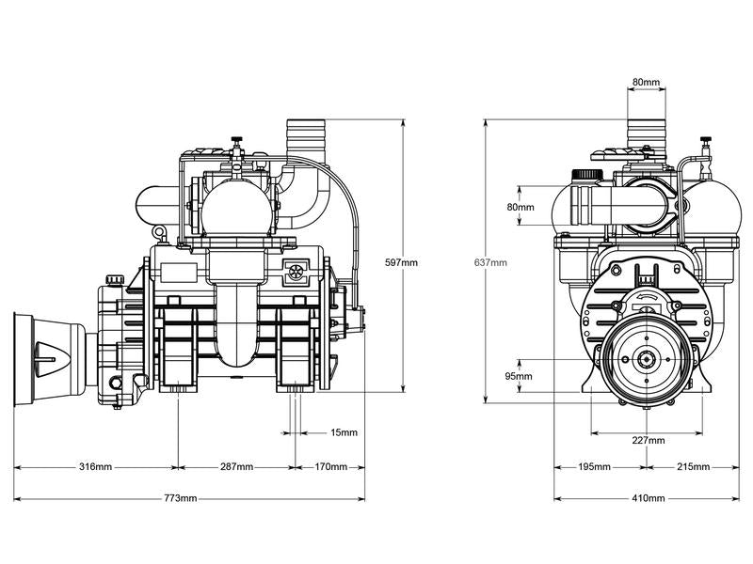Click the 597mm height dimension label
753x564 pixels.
tap(402, 262)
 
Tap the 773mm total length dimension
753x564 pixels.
tap(182, 498)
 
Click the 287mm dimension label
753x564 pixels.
tap(236, 467)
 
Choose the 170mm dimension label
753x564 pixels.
tap(330, 467)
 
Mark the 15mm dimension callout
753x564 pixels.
tap(344, 433)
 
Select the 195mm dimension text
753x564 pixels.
tap(595, 467)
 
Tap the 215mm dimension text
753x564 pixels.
tap(692, 467)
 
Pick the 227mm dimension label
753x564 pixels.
tap(648, 440)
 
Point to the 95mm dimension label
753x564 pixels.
tap(520, 377)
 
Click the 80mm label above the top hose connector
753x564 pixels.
tap(646, 83)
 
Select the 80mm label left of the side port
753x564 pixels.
tap(520, 207)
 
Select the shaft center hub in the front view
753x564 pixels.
tap(647, 360)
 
